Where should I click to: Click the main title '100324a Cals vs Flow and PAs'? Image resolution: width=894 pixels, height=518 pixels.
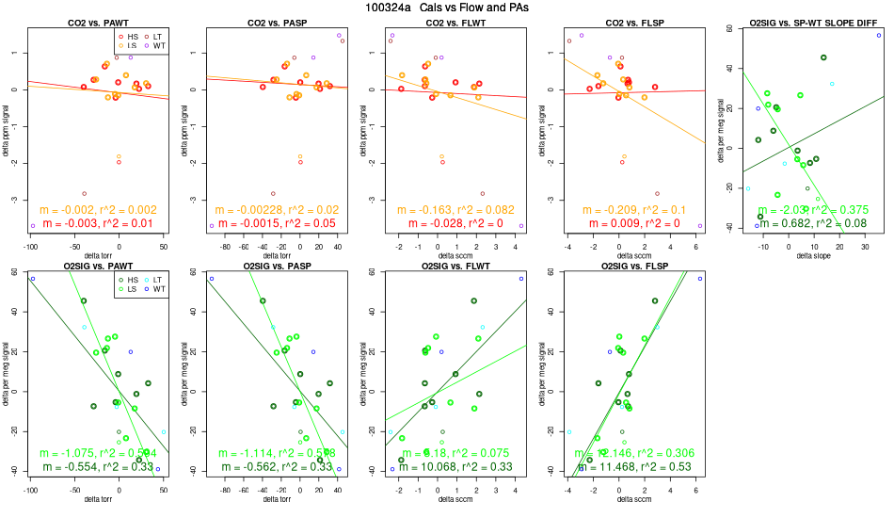(x=447, y=8)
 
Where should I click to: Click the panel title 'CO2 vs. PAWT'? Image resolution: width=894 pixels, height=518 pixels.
(x=96, y=22)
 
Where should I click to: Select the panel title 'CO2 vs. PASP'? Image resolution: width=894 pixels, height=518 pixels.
(x=275, y=22)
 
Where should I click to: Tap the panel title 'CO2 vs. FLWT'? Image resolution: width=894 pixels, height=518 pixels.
(x=454, y=22)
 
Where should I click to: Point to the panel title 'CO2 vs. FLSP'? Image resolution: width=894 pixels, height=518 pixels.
(x=632, y=22)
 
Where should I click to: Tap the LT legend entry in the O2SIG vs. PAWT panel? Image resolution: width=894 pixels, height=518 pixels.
(x=154, y=281)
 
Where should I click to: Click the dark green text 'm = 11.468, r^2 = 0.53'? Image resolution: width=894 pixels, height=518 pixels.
(x=632, y=467)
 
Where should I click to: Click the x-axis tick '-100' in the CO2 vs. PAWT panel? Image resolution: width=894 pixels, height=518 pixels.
(x=30, y=247)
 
